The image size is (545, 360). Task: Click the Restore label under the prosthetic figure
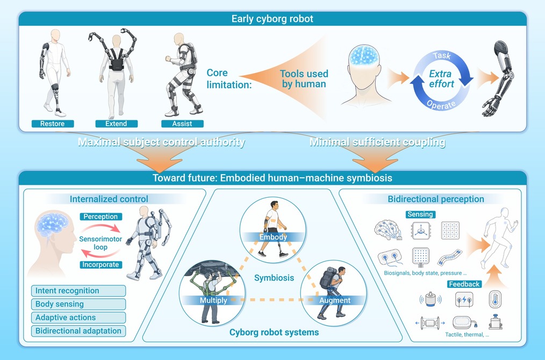[x=53, y=124]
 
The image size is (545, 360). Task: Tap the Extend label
[x=117, y=124]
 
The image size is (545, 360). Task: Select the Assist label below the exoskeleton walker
[x=182, y=124]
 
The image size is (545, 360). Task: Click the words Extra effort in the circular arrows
[x=441, y=79]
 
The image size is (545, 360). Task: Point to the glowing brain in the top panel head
[x=363, y=55]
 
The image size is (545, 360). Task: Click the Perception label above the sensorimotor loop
[x=101, y=217]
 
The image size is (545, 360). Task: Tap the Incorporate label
[x=101, y=265]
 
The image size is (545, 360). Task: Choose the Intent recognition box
[x=78, y=291]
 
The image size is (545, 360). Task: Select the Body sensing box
[x=78, y=304]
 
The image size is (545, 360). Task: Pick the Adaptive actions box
[x=78, y=318]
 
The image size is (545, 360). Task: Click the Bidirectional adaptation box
[x=78, y=331]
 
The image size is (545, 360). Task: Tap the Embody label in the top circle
[x=273, y=237]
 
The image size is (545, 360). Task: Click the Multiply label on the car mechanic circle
[x=213, y=300]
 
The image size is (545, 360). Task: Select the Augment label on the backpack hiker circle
[x=335, y=300]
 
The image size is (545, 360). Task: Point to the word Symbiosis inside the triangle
[x=274, y=278]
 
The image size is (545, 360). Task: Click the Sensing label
[x=420, y=214]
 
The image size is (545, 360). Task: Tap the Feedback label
[x=464, y=284]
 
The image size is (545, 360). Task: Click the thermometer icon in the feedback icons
[x=495, y=299]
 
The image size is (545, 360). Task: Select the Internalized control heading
[x=109, y=199]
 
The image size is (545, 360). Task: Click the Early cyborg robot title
[x=272, y=19]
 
